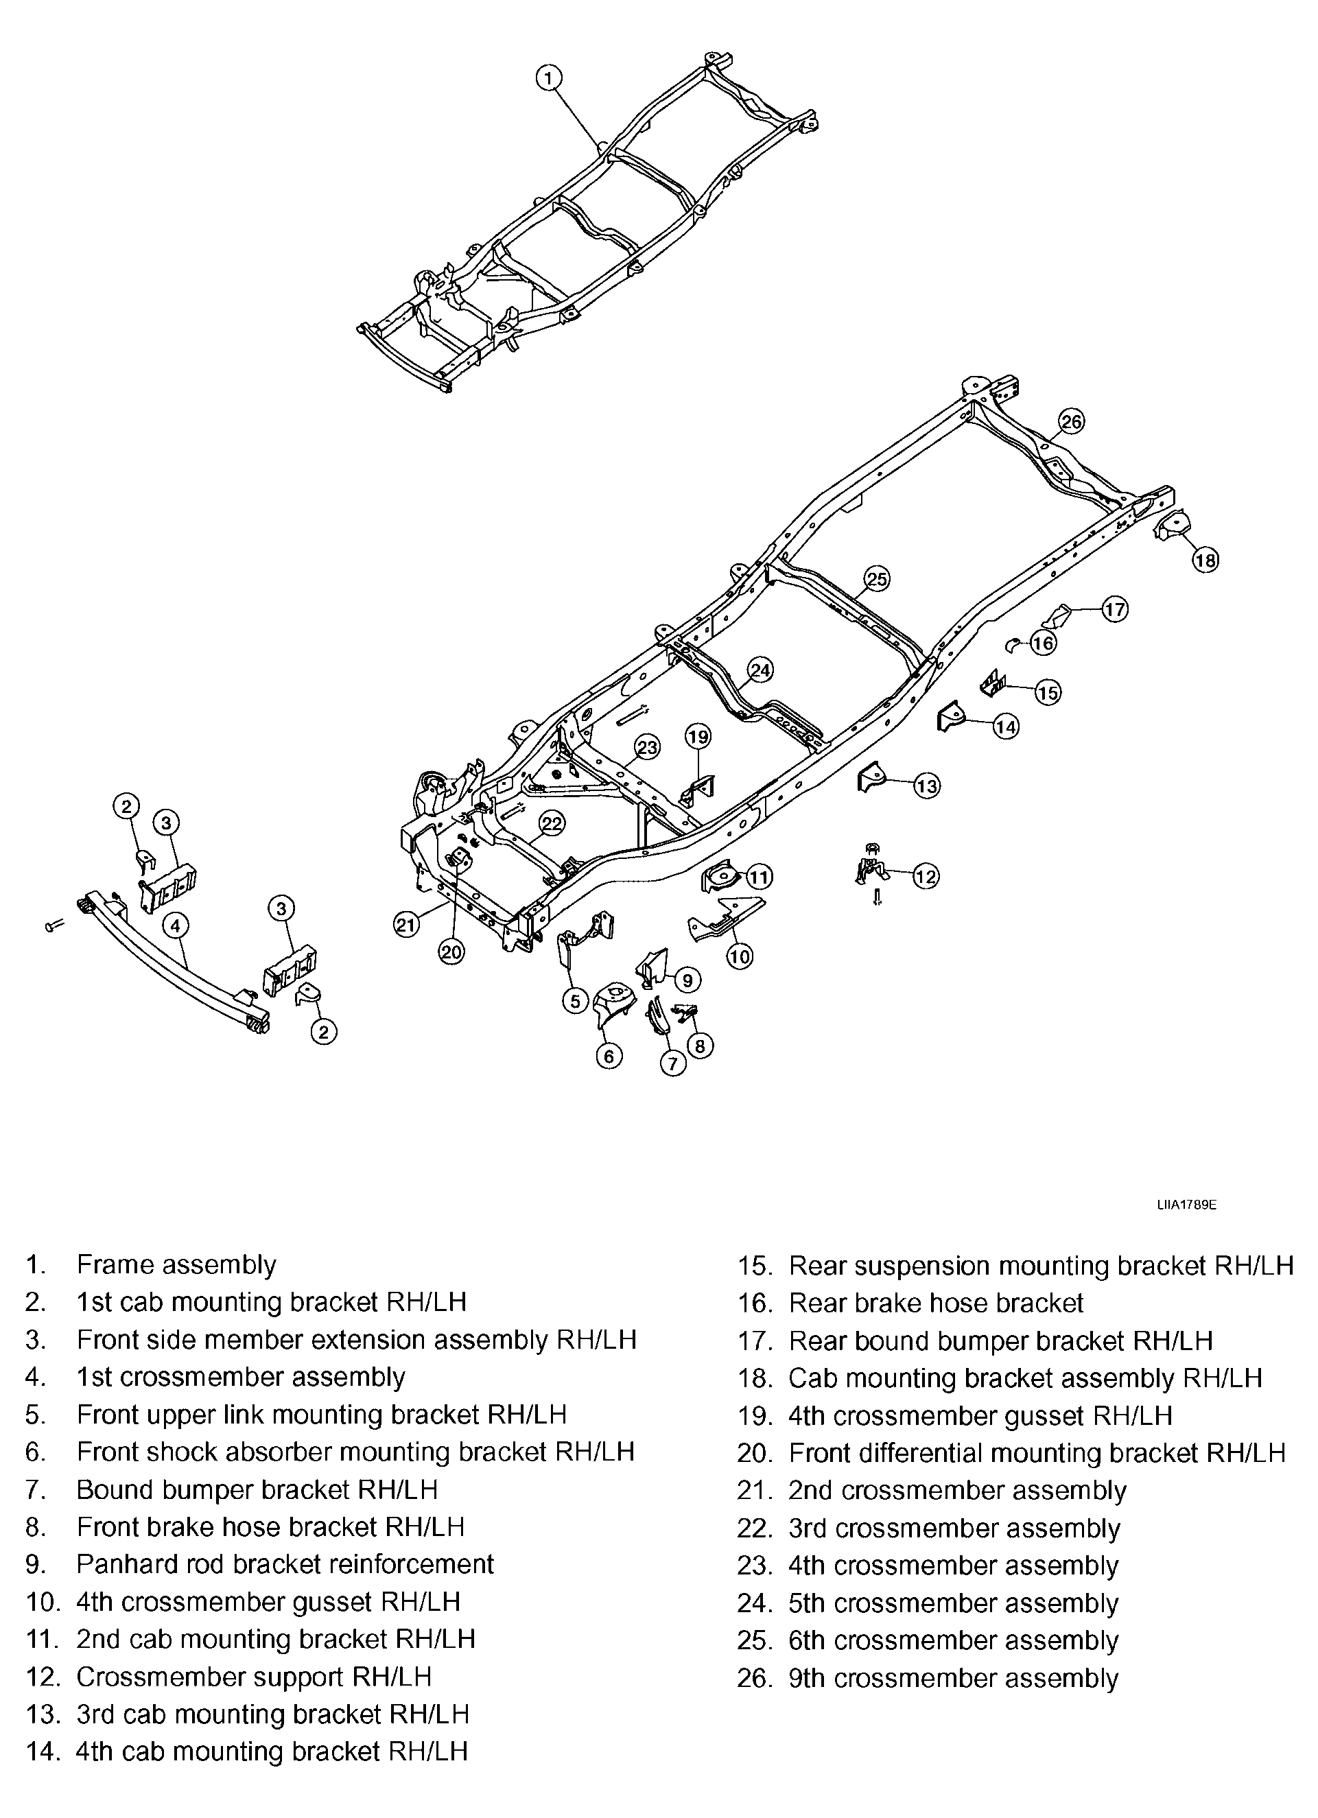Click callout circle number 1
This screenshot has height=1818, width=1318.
[x=548, y=78]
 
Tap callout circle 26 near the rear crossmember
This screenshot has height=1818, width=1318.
[x=1071, y=421]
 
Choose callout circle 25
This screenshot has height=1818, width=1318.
[x=877, y=579]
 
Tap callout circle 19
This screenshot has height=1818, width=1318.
[x=698, y=736]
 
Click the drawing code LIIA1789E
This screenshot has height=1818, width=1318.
[x=1186, y=1205]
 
